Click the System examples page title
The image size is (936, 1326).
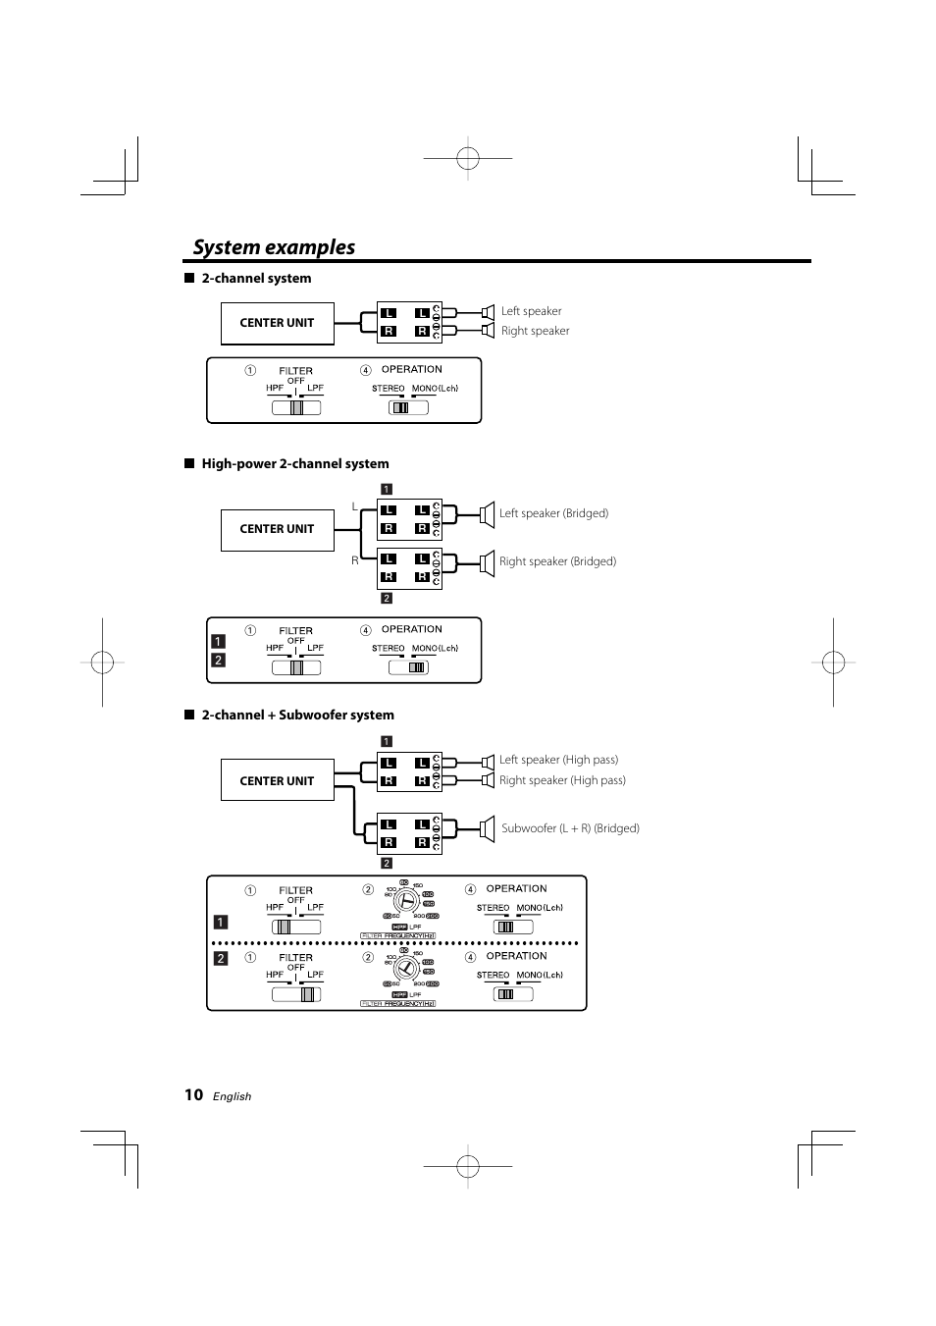pyautogui.click(x=274, y=247)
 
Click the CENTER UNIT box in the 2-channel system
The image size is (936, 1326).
pyautogui.click(x=277, y=323)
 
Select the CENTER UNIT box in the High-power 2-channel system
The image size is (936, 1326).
pyautogui.click(x=277, y=529)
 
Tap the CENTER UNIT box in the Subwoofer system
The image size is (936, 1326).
pyautogui.click(x=277, y=781)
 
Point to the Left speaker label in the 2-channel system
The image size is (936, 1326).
pyautogui.click(x=531, y=311)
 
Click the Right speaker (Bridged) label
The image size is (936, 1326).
pyautogui.click(x=557, y=561)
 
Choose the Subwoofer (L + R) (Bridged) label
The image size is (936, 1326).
pyautogui.click(x=570, y=828)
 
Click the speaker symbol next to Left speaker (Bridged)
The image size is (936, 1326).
pyautogui.click(x=487, y=513)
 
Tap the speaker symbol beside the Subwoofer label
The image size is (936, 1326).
pyautogui.click(x=487, y=828)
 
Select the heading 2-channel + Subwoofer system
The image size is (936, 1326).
pyautogui.click(x=297, y=716)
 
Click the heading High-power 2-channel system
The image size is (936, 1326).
pyautogui.click(x=294, y=464)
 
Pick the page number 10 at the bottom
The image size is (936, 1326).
pyautogui.click(x=193, y=1095)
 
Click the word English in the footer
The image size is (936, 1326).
pyautogui.click(x=233, y=1096)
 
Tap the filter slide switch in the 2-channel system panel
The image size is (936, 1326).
pyautogui.click(x=296, y=407)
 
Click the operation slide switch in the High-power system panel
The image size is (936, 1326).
pyautogui.click(x=408, y=667)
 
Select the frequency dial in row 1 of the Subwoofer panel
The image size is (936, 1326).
pyautogui.click(x=402, y=901)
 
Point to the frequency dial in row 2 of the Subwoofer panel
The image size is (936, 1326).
pyautogui.click(x=402, y=969)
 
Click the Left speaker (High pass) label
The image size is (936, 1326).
pyautogui.click(x=558, y=760)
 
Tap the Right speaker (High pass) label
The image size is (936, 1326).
pyautogui.click(x=562, y=780)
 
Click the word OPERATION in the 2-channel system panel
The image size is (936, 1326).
pyautogui.click(x=411, y=370)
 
